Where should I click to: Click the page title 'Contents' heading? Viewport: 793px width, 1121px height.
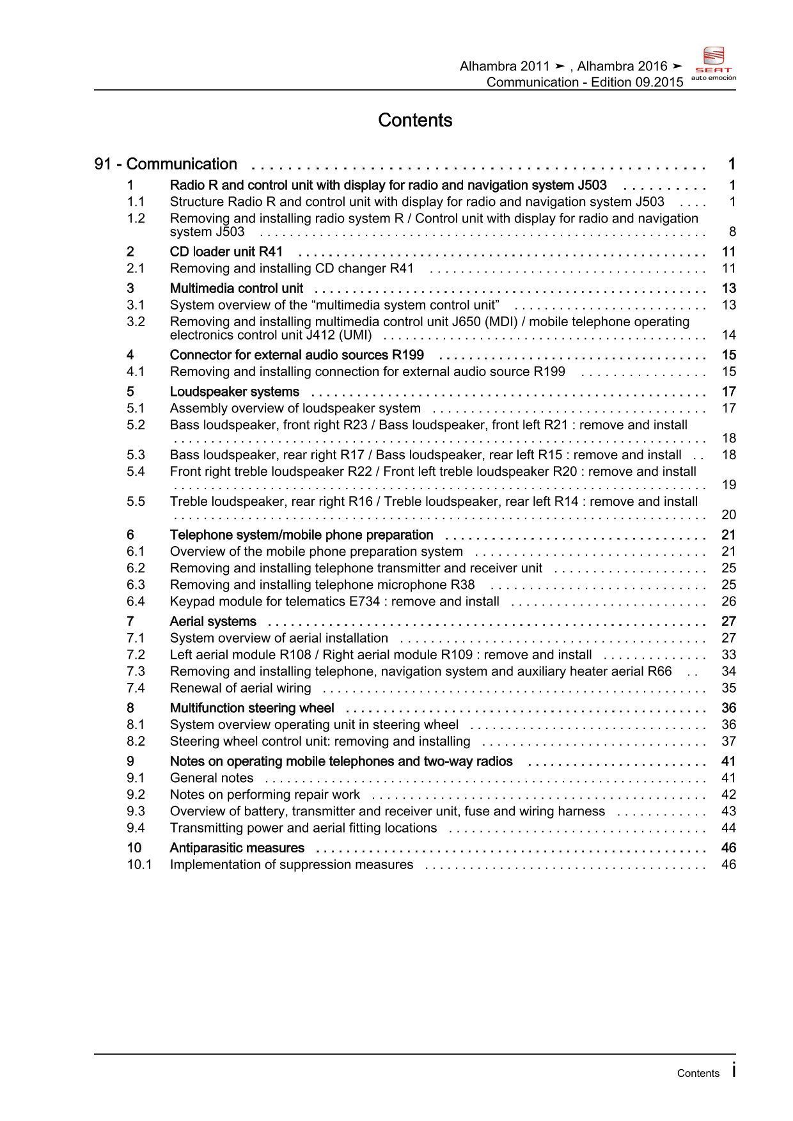415,120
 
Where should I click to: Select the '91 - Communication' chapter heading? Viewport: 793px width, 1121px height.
166,164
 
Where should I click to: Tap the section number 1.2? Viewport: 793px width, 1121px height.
136,218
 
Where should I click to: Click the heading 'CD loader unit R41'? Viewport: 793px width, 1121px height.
226,252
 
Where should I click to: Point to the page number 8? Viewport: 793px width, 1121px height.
732,232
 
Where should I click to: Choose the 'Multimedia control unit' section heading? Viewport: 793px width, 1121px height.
236,288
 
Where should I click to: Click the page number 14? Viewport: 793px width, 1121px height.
728,335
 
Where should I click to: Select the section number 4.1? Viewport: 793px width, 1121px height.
136,372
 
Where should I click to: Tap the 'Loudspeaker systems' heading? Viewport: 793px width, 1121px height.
234,391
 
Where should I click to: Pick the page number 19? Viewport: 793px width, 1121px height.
728,485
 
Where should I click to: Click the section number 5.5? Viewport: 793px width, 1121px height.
136,501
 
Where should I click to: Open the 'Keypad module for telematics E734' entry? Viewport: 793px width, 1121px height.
334,601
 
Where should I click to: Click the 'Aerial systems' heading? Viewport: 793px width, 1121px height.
213,622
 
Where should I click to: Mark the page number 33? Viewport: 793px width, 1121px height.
728,655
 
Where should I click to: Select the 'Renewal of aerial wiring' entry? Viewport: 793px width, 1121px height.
240,688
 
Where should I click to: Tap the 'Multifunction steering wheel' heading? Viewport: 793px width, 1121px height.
251,708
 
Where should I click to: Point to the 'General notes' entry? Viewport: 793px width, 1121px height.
211,778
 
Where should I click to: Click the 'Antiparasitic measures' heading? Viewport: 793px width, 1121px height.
237,848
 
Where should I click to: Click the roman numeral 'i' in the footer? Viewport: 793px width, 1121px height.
734,1070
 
